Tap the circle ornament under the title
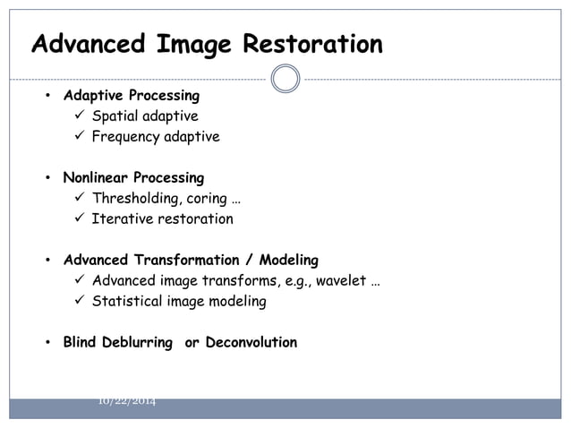tap(285, 79)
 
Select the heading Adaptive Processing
tap(131, 95)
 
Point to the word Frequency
tap(125, 137)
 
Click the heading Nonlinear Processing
tap(133, 177)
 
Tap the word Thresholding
tap(136, 199)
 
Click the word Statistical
tap(126, 302)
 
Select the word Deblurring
tap(136, 343)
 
